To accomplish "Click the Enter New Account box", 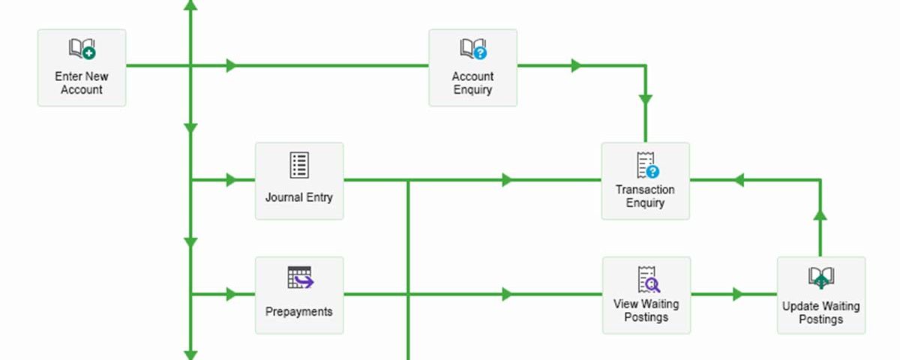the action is point(82,67).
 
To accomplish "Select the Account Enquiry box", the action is point(473,67).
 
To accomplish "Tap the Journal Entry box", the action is point(299,181).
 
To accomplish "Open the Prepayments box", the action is point(299,295).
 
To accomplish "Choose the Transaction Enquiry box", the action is point(646,181).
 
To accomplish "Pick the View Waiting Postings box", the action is point(646,295).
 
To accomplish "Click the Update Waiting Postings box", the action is point(821,295).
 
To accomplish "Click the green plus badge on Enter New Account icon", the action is point(89,53).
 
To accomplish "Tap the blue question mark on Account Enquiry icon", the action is point(480,53).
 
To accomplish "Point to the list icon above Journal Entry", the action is point(299,165).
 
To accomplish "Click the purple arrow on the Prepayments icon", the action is point(304,281).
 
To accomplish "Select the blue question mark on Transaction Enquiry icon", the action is point(653,172).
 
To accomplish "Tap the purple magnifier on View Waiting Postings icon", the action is point(654,285).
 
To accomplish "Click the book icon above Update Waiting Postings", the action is point(821,277).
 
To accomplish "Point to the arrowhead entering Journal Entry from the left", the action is point(232,179).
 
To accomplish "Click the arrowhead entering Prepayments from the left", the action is point(232,294).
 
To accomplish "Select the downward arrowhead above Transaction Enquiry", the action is point(646,100).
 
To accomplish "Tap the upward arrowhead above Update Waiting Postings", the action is point(820,215).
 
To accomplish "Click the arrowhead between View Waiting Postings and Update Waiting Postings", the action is point(738,294).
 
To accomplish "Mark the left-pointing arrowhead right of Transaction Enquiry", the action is point(739,179).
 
